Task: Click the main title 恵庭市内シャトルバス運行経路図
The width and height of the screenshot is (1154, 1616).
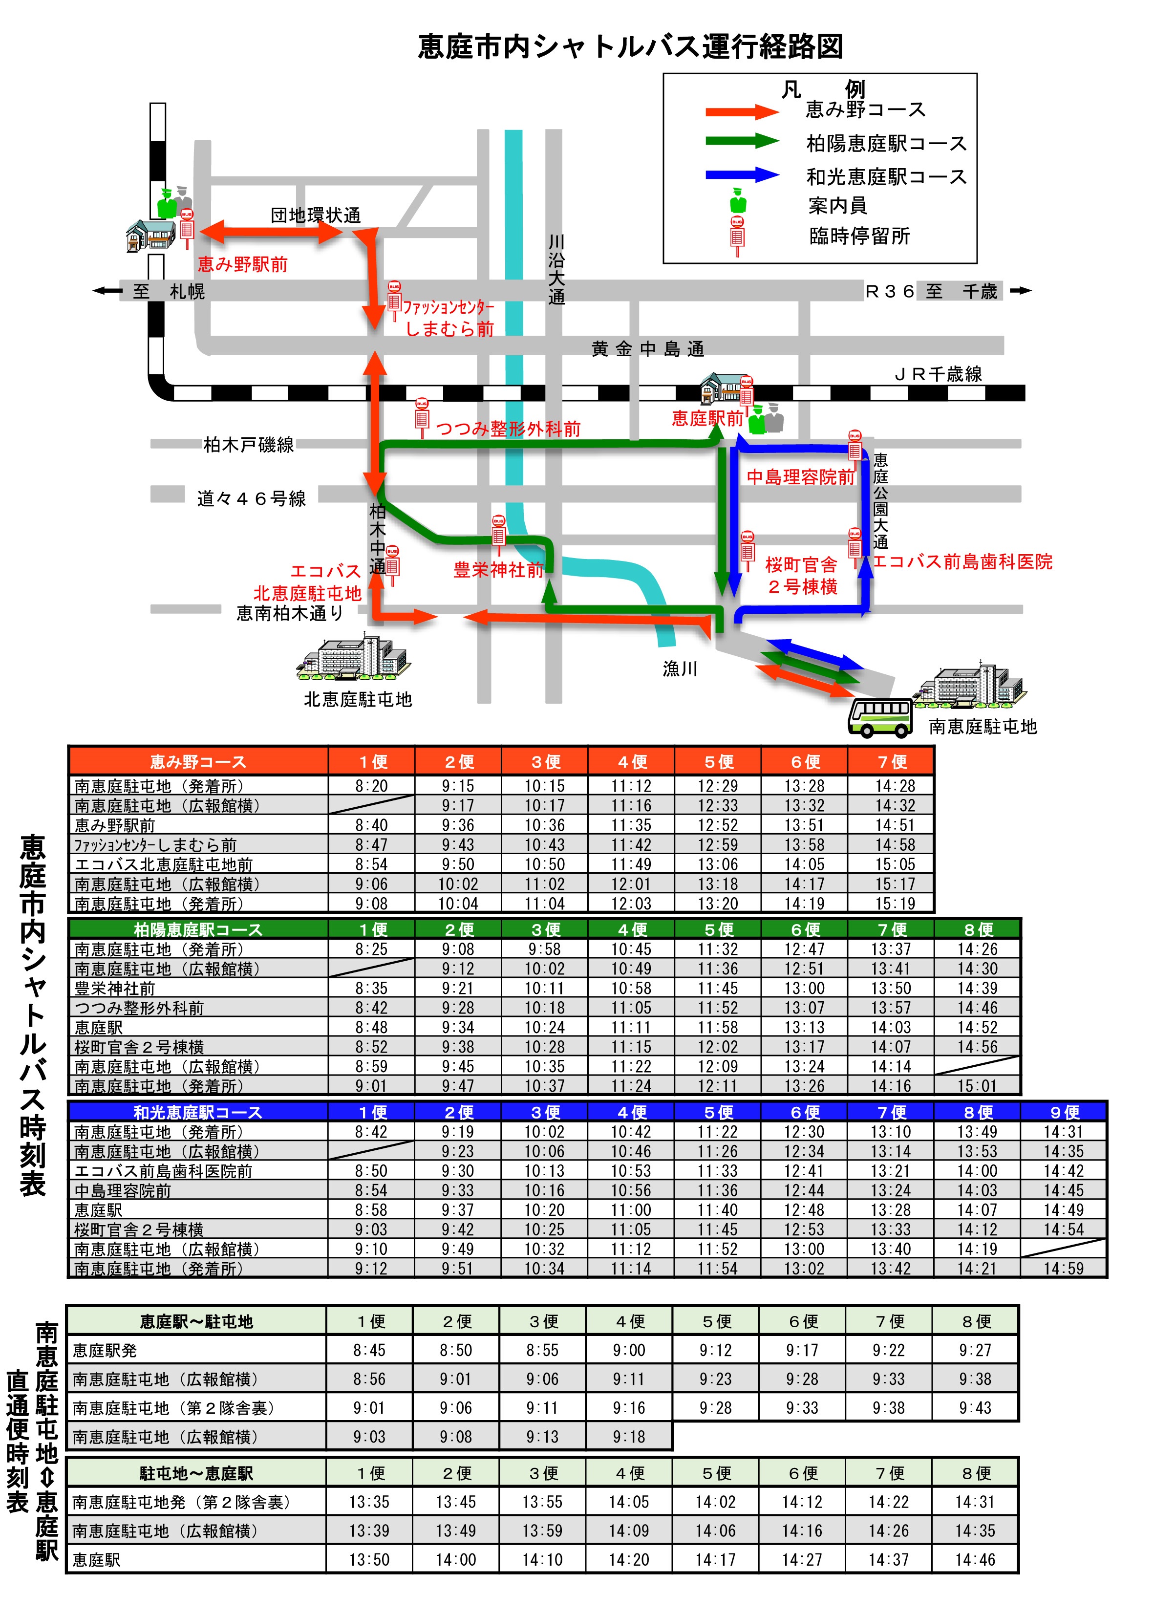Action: click(630, 47)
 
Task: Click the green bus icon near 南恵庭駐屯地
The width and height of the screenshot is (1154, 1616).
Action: click(880, 716)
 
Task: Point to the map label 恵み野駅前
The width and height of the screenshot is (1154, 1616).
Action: click(242, 265)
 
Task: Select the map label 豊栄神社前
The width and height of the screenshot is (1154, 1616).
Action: click(498, 570)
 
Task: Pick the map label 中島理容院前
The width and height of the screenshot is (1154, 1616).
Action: click(800, 477)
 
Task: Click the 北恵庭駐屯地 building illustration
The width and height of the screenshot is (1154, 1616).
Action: click(353, 657)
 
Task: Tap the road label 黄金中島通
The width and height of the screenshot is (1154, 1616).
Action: click(647, 349)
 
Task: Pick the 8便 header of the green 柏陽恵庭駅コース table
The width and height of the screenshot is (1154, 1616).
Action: click(978, 929)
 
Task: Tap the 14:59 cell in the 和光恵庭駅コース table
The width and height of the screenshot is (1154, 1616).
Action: click(1063, 1269)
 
